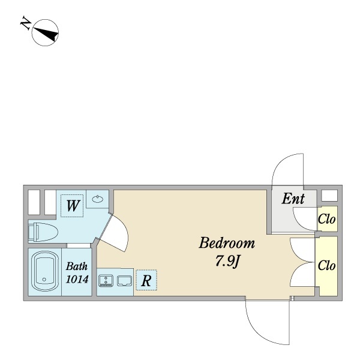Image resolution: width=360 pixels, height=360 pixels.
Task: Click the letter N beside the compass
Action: [26, 22]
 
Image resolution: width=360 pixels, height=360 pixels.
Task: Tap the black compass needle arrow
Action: [46, 34]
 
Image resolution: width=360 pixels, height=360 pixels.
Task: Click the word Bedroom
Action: [227, 243]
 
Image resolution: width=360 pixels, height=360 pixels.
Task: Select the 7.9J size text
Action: [227, 261]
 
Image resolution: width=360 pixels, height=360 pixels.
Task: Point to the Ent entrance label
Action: [293, 199]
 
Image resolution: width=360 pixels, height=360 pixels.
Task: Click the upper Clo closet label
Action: [326, 219]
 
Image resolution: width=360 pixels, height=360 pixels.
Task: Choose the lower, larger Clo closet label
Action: [326, 266]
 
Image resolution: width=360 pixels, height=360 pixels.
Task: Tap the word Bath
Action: [77, 266]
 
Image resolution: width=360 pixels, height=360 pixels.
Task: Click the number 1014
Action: [77, 280]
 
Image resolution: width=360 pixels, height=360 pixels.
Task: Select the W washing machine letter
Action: [73, 206]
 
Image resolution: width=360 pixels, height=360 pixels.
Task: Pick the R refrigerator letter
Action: [146, 281]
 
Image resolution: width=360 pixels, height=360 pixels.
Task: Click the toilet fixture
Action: [43, 232]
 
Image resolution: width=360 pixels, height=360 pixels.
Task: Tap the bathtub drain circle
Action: [44, 280]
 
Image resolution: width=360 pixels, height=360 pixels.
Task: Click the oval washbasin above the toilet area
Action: [98, 199]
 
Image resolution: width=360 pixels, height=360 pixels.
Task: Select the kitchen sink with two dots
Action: [106, 281]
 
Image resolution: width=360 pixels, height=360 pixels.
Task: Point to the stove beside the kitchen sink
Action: [124, 281]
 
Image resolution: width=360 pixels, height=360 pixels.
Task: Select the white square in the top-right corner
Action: [329, 196]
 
